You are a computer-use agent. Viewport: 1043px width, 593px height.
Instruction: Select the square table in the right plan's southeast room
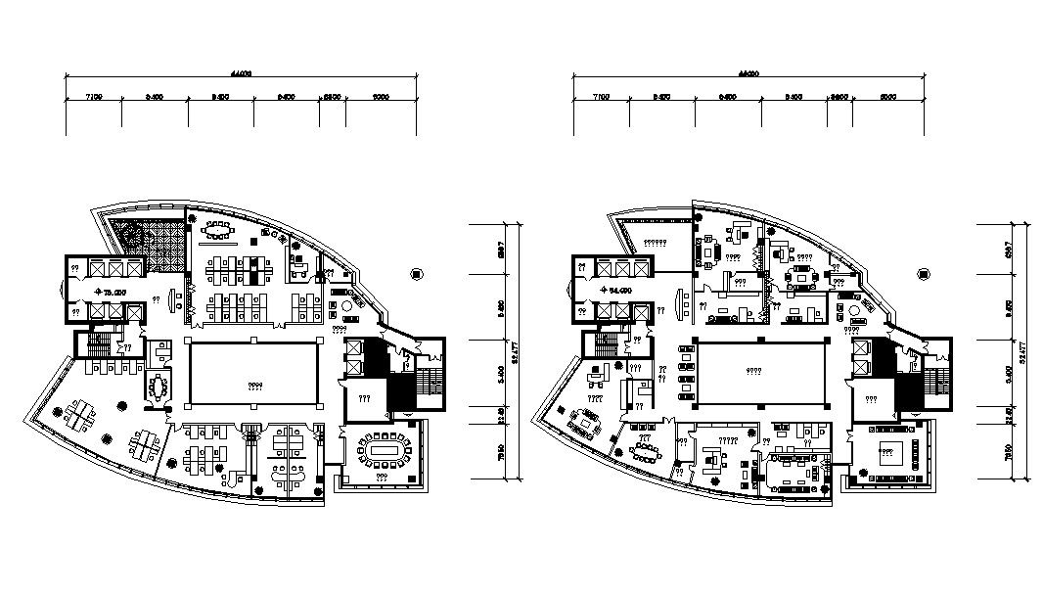tap(889, 451)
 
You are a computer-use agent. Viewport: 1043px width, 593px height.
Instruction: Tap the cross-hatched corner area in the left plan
tap(148, 245)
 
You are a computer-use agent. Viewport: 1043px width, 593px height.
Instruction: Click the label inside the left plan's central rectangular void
tap(253, 385)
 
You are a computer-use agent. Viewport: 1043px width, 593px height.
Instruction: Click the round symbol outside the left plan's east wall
tap(417, 275)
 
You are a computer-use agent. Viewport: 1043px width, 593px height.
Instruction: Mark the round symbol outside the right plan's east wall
tap(924, 275)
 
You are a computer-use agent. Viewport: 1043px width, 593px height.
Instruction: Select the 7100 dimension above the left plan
tap(94, 97)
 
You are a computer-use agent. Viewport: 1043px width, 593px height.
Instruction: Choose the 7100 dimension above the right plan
tap(601, 97)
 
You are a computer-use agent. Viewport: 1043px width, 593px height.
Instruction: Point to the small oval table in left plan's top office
tap(215, 233)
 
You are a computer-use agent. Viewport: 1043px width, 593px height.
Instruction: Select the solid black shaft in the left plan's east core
tap(399, 392)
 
